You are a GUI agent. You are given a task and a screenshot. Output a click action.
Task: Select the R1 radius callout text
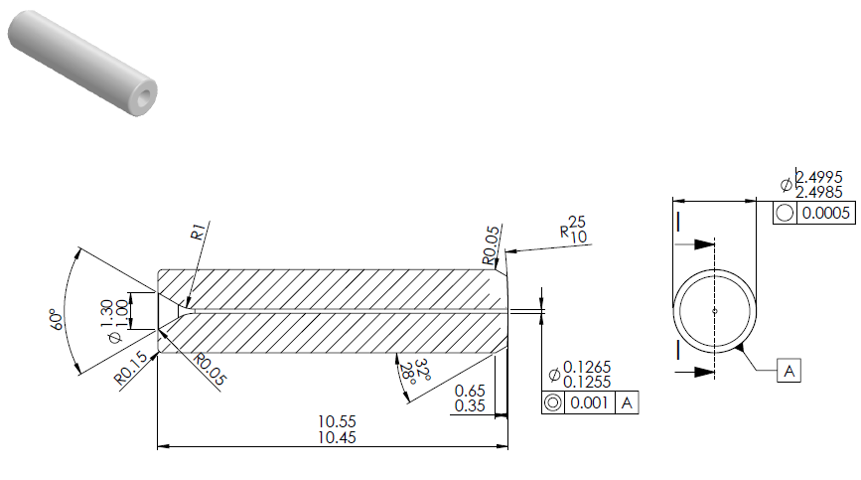[198, 232]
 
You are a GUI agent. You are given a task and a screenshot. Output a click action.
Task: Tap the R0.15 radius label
[130, 368]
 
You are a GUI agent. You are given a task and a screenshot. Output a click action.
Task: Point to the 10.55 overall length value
[337, 421]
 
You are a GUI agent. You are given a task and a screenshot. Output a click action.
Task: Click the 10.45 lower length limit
[337, 437]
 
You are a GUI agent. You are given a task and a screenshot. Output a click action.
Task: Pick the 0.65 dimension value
[470, 391]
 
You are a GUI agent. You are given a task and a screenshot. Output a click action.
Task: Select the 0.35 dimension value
[470, 405]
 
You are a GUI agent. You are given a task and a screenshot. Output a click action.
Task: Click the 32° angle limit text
[422, 369]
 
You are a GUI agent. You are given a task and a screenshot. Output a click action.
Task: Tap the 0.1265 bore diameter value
[587, 367]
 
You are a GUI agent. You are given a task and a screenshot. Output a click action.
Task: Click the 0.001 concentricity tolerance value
[589, 402]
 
